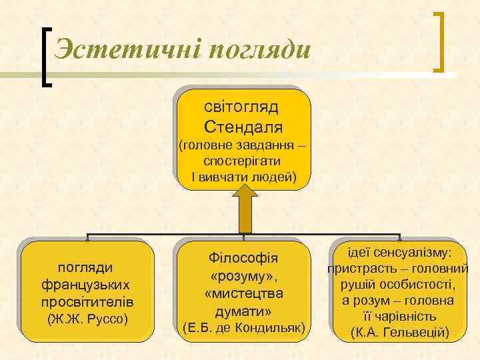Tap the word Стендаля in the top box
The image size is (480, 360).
point(243,127)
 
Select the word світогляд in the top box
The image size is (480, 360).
point(243,106)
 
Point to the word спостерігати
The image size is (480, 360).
point(243,161)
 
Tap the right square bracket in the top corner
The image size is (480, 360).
point(440,41)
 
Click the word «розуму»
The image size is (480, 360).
point(243,275)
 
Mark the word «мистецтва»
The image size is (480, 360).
point(243,293)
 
